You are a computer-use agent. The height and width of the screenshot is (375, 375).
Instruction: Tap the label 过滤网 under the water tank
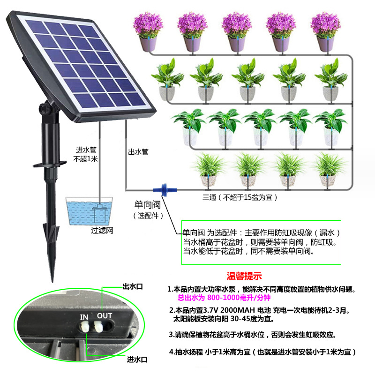point(102,231)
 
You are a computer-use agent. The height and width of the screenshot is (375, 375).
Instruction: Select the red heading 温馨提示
point(244,276)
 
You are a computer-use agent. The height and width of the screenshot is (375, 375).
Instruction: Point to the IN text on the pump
point(84,317)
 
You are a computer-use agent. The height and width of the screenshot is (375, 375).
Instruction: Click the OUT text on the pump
point(104,315)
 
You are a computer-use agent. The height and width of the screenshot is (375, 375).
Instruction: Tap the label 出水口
point(132,286)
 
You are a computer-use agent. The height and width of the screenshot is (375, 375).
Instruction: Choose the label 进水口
point(137,360)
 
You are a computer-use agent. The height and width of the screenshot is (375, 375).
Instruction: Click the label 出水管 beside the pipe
point(138,152)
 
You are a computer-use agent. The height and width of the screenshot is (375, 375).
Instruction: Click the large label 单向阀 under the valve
point(148,204)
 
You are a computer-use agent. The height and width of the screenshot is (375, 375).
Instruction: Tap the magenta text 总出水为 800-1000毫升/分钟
point(225,298)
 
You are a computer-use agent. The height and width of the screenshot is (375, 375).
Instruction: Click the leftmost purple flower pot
point(148,30)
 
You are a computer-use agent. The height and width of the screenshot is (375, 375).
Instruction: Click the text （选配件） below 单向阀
point(148,216)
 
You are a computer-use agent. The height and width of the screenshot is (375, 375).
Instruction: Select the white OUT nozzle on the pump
point(100,328)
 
